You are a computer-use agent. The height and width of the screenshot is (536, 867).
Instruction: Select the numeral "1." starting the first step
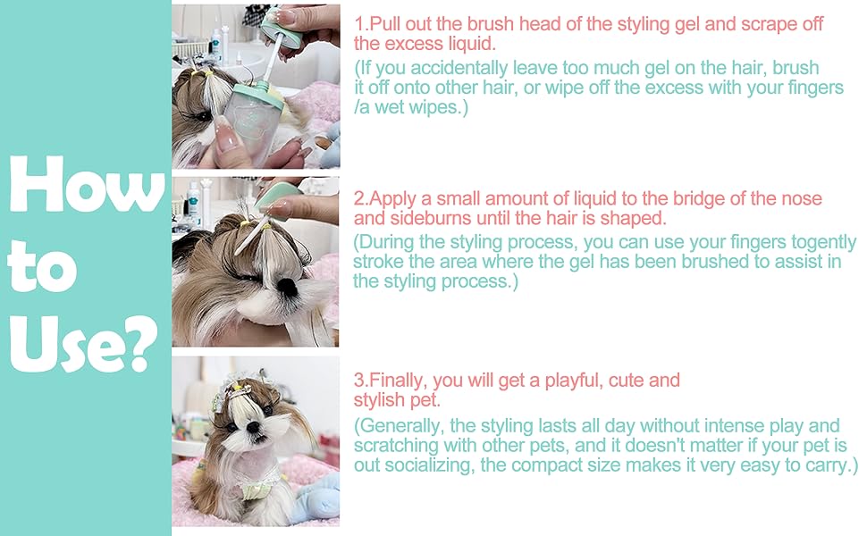361,24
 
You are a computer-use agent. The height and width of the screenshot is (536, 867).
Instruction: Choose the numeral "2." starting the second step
361,198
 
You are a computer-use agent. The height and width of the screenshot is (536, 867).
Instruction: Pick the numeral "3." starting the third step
361,381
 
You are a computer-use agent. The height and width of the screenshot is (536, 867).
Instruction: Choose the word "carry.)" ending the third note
828,465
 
